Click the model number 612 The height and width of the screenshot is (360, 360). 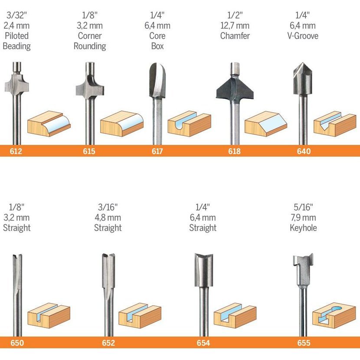point(16,151)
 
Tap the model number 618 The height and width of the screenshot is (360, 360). point(234,151)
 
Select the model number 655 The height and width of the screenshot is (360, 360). point(304,343)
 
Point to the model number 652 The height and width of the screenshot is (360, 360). point(108,343)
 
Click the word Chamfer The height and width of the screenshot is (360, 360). point(235,36)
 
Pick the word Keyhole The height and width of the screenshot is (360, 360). point(303,228)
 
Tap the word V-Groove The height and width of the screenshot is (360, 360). point(303,36)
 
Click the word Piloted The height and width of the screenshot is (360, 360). point(17,36)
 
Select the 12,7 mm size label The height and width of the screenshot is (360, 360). point(235,26)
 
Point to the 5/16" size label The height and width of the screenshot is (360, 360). point(303,207)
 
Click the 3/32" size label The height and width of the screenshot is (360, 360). point(16,15)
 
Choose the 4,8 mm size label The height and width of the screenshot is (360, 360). point(108,217)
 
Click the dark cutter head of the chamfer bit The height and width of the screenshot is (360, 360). point(235,89)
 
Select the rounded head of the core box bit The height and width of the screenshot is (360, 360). point(157,80)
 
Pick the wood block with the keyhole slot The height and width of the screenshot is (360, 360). point(334,315)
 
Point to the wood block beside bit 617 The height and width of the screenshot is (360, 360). point(189,124)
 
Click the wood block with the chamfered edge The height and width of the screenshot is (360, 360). point(265,124)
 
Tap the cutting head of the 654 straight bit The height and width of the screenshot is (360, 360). point(204,270)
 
